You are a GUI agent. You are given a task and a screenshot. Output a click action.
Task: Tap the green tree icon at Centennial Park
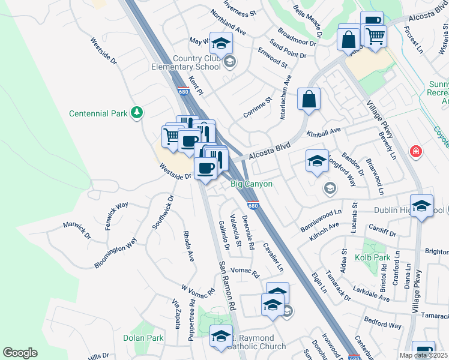137,112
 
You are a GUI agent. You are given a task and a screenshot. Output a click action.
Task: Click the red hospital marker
415,152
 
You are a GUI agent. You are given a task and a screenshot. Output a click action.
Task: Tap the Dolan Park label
143,338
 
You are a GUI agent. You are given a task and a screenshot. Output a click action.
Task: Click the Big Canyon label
252,184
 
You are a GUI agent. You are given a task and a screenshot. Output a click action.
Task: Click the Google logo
20,353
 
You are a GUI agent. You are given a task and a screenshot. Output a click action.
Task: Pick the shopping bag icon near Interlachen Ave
309,100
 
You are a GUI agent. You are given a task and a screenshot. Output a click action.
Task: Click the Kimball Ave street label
324,131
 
